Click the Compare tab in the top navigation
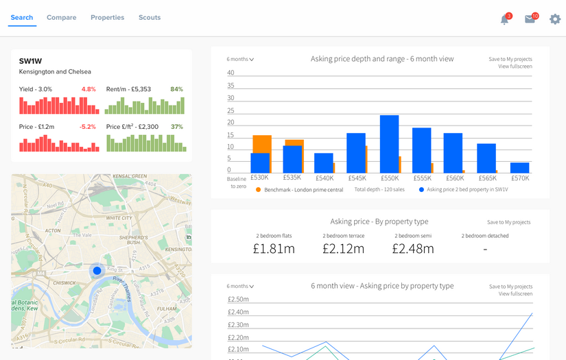(x=61, y=17)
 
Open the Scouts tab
(x=150, y=17)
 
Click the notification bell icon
(x=505, y=20)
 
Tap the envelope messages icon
(x=530, y=19)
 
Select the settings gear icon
(x=555, y=19)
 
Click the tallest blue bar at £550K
(x=389, y=144)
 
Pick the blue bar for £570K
(x=519, y=167)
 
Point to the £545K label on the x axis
(x=356, y=178)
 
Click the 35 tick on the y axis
(x=231, y=86)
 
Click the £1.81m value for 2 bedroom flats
(x=274, y=248)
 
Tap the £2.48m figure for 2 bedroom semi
(x=413, y=248)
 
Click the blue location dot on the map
(x=97, y=271)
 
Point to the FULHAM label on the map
(x=167, y=309)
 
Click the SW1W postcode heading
(x=31, y=61)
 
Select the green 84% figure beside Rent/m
(x=176, y=89)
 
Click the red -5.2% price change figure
(x=87, y=127)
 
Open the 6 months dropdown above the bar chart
(x=240, y=59)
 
